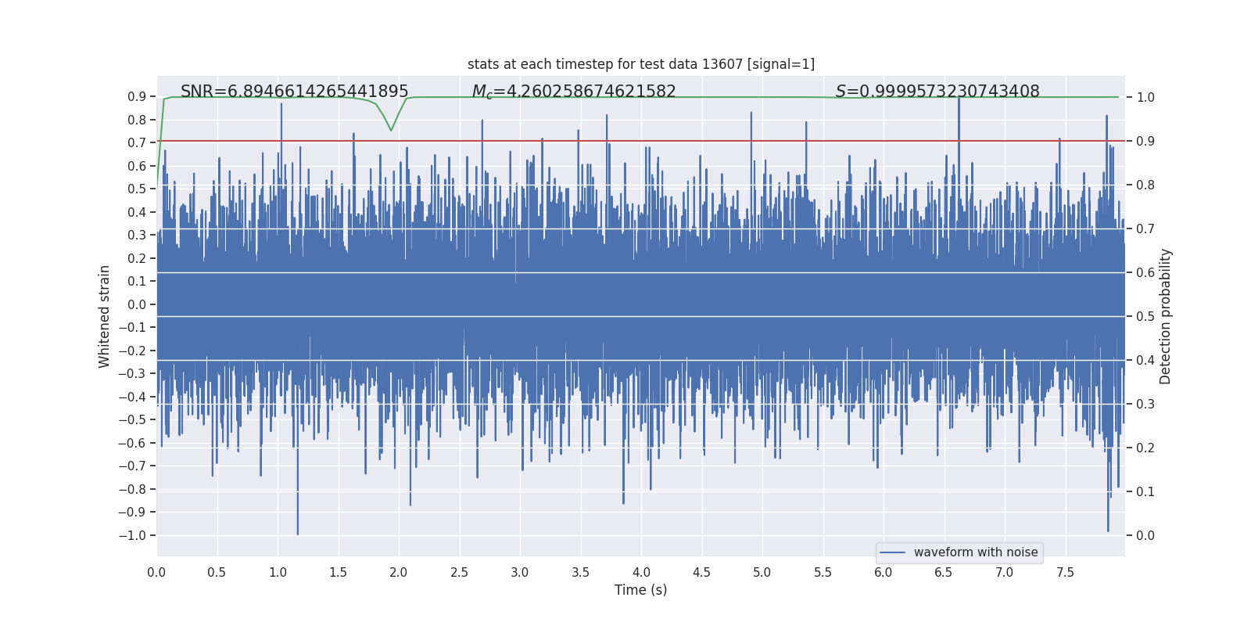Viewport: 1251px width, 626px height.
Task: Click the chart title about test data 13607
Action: (x=640, y=64)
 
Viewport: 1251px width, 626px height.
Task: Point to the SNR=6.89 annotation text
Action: (x=294, y=92)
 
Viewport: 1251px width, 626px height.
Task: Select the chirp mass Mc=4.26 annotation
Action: (x=574, y=92)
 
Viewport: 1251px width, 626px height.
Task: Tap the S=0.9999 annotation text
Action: (x=937, y=92)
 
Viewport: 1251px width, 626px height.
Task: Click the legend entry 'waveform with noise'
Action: (x=975, y=552)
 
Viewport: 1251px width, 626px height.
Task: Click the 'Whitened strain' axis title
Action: (x=105, y=316)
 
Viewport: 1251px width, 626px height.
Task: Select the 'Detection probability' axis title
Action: (x=1166, y=316)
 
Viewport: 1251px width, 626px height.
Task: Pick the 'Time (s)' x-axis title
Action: (x=640, y=590)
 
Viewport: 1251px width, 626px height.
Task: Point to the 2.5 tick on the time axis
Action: (x=459, y=573)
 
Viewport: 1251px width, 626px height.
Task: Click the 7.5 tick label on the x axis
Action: (x=1065, y=573)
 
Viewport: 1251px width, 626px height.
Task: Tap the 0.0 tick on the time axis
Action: (x=156, y=573)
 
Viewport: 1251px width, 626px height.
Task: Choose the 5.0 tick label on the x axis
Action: (x=762, y=573)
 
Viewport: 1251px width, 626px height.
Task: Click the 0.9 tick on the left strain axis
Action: (x=137, y=97)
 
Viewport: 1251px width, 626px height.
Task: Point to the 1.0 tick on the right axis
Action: (x=1145, y=98)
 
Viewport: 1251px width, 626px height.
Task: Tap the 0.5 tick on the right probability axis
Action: (x=1145, y=317)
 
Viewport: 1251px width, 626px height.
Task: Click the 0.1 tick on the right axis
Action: (x=1145, y=492)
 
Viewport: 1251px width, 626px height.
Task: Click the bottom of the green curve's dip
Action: (x=391, y=131)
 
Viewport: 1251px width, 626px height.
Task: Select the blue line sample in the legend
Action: (x=892, y=552)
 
